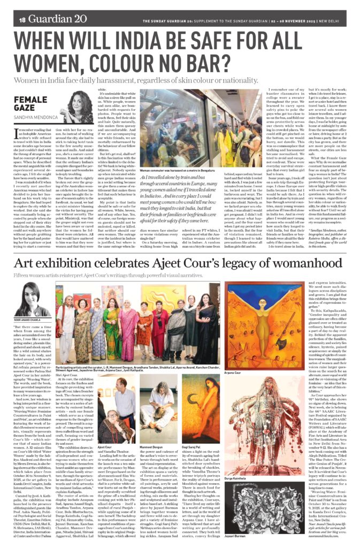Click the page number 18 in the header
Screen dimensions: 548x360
point(22,20)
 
